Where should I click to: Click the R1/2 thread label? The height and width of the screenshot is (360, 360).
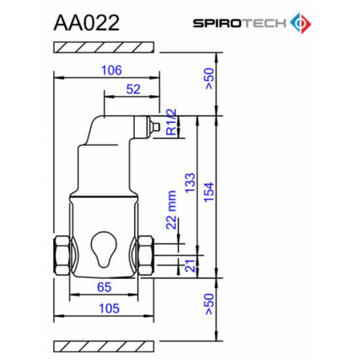(170, 122)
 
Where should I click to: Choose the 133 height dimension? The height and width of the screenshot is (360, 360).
(190, 181)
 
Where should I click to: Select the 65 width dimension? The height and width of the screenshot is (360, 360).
(105, 286)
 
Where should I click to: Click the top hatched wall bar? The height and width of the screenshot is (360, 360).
(104, 47)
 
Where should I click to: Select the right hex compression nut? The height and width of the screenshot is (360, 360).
(145, 254)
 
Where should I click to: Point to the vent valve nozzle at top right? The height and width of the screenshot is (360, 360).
(149, 125)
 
